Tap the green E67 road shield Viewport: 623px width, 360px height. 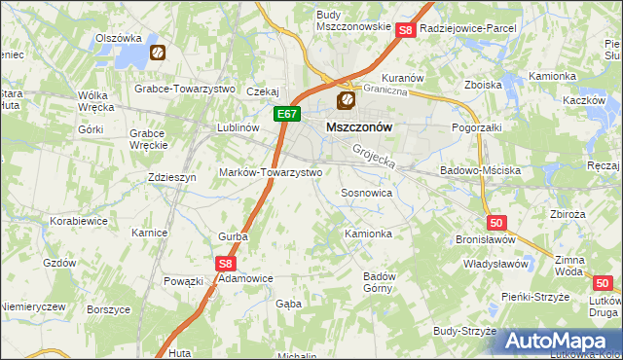click(284, 114)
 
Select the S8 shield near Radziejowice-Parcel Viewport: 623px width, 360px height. click(407, 31)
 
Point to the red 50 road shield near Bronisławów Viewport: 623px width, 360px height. click(497, 223)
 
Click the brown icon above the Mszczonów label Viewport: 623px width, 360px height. click(345, 101)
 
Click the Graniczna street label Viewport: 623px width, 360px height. click(385, 89)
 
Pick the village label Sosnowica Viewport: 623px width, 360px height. click(366, 193)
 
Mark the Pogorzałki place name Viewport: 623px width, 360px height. click(477, 126)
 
